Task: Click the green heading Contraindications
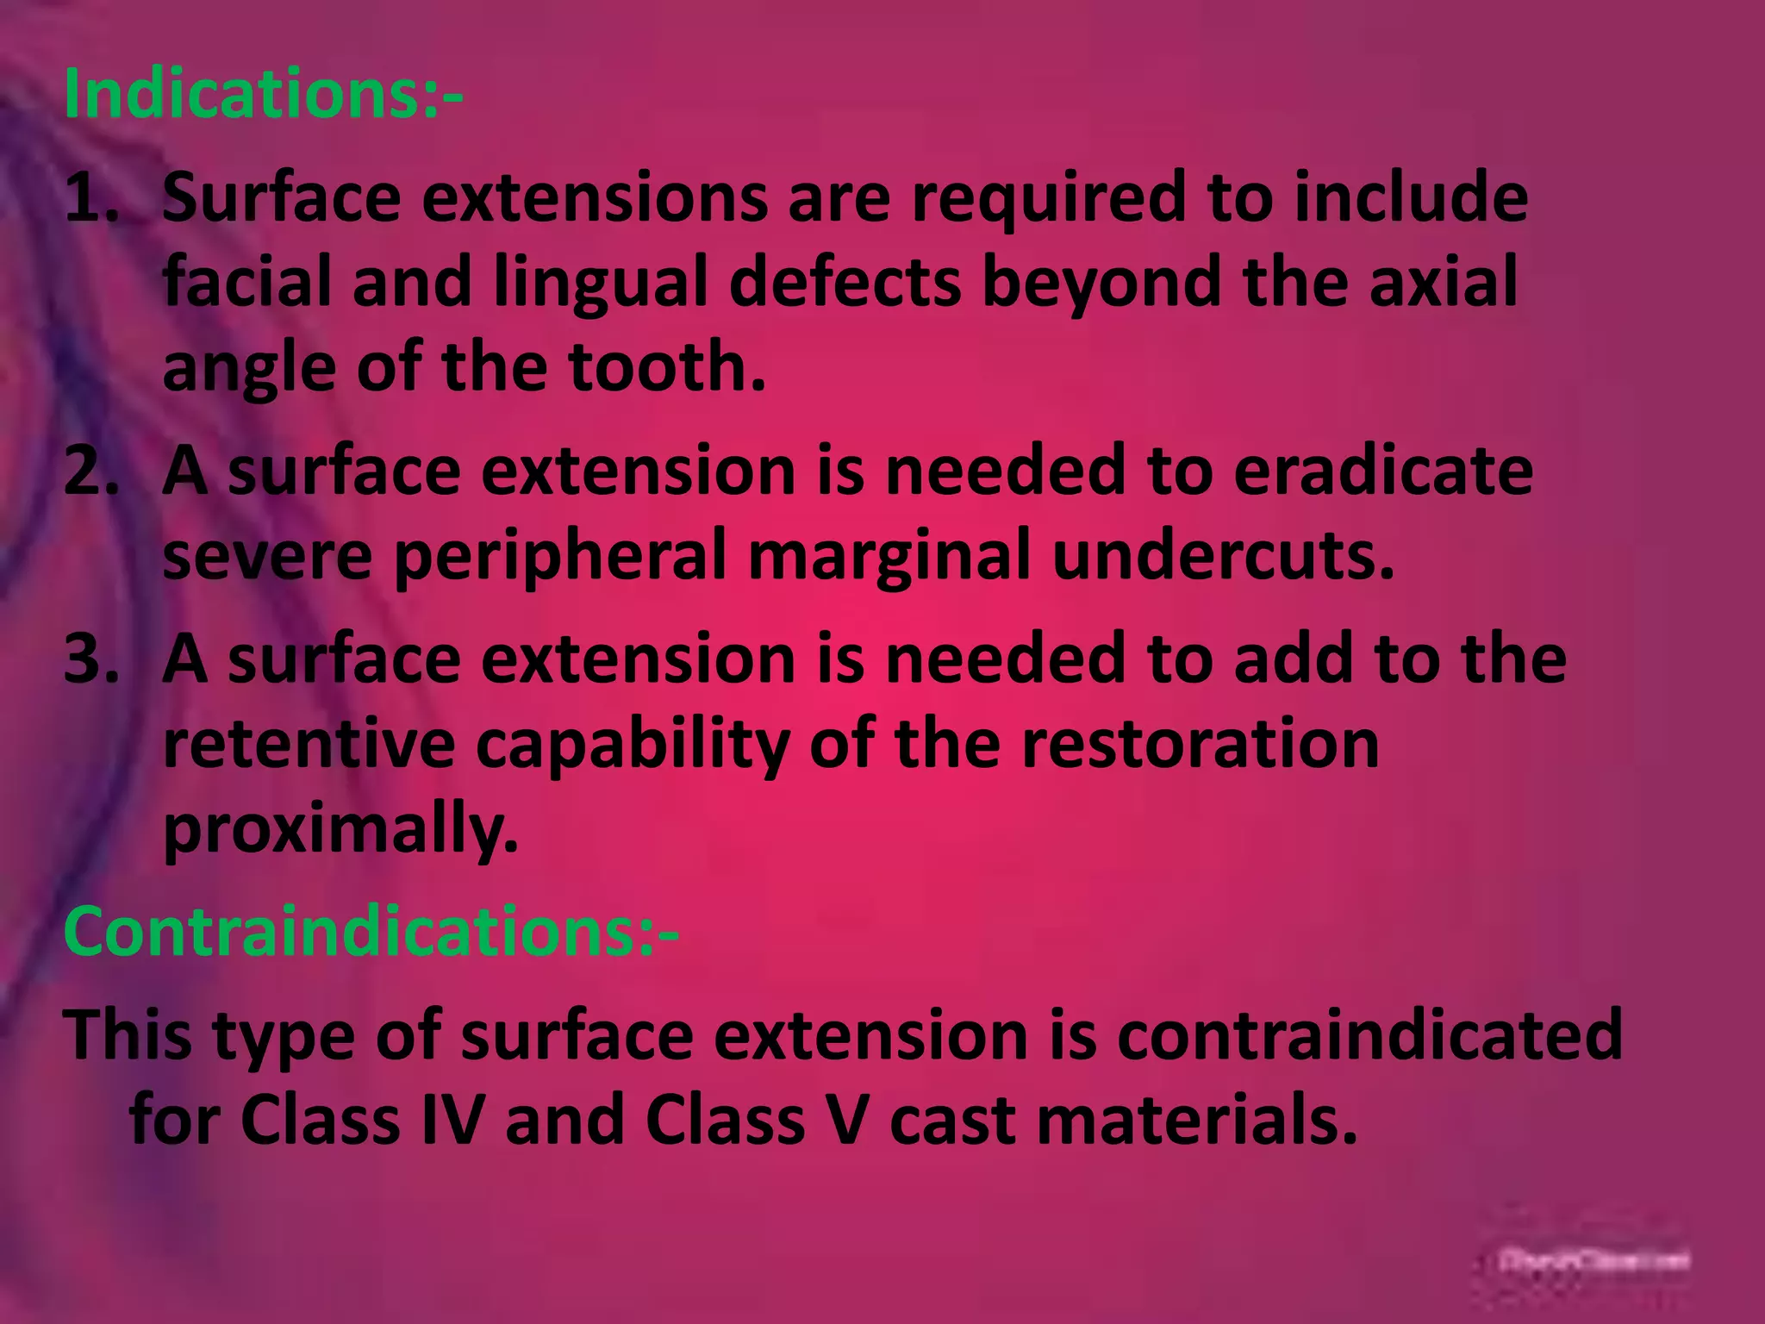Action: click(x=371, y=933)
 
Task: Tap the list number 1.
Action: click(x=90, y=198)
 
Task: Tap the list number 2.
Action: click(x=90, y=472)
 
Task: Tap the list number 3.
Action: click(x=90, y=659)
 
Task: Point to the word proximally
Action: click(x=340, y=828)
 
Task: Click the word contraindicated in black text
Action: click(x=1370, y=1034)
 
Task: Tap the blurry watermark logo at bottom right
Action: click(x=1593, y=1261)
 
